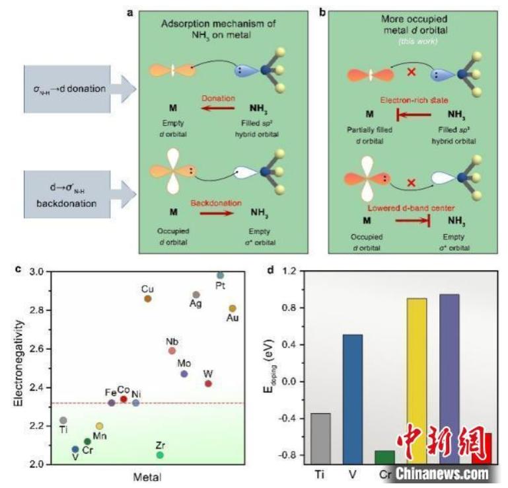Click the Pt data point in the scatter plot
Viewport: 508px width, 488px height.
[x=221, y=275]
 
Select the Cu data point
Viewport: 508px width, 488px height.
[x=148, y=299]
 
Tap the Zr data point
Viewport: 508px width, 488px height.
[x=160, y=454]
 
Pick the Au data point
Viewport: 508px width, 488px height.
[x=233, y=308]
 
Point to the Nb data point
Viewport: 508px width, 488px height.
[x=172, y=351]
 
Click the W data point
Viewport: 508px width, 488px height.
[x=209, y=384]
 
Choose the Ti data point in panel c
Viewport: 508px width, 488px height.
[x=63, y=420]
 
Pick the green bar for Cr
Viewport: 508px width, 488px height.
[x=384, y=456]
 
